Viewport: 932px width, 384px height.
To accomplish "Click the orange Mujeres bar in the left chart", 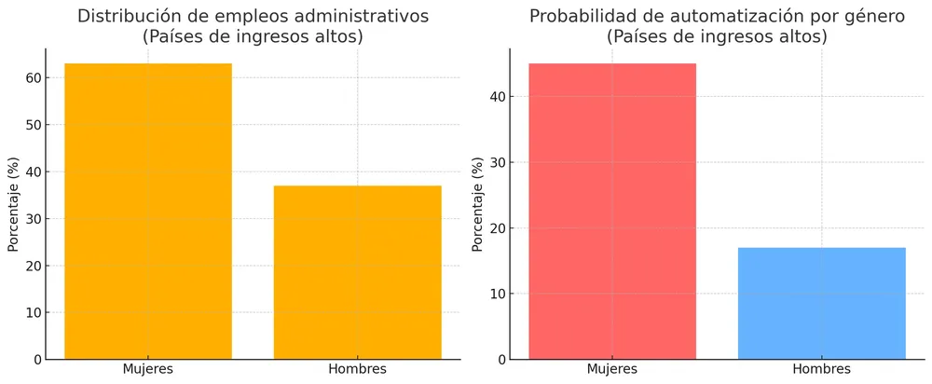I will pos(147,211).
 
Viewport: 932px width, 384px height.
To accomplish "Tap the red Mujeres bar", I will pos(611,211).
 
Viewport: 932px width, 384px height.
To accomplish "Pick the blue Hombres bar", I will pos(821,303).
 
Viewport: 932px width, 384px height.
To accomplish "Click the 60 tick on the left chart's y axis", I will pos(34,77).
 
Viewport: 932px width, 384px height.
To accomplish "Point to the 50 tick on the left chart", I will pos(34,125).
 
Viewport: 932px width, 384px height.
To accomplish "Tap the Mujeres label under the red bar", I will pos(611,370).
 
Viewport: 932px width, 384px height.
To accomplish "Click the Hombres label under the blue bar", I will pos(821,370).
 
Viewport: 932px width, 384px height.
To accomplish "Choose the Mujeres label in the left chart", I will pos(147,370).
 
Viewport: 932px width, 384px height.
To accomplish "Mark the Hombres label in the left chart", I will pos(357,370).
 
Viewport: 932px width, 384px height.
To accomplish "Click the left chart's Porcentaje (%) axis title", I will pos(13,205).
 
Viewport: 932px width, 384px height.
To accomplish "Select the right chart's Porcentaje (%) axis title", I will pos(477,205).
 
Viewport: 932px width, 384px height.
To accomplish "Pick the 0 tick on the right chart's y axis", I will pos(501,360).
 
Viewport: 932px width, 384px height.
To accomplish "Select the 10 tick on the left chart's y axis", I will pos(34,312).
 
